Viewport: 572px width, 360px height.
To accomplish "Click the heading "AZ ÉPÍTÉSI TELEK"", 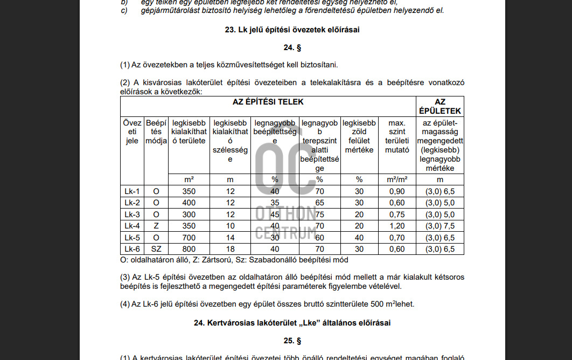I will coord(268,101).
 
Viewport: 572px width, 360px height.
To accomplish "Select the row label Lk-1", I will coord(132,191).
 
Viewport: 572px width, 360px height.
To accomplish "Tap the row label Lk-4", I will coord(132,226).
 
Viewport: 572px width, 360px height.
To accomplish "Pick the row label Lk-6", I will coord(132,249).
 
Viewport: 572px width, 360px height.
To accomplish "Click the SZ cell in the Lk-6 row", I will coord(156,249).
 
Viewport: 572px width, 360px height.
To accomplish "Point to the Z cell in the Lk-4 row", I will coord(156,226).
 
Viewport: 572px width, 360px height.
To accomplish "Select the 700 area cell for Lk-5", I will coord(189,238).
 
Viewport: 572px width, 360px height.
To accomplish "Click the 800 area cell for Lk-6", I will coord(189,249).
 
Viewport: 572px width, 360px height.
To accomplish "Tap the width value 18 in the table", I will coord(231,249).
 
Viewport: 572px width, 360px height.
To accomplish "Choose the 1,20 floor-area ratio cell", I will coord(397,226).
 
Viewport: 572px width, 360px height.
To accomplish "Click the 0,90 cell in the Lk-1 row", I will coord(397,191).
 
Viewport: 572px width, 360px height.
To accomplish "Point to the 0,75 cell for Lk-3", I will coord(397,214).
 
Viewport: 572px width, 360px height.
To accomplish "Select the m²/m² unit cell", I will coord(397,179).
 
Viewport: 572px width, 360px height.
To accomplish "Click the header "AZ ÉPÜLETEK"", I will coord(440,106).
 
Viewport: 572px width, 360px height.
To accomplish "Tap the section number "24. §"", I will coord(292,47).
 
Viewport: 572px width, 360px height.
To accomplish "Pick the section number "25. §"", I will coord(292,341).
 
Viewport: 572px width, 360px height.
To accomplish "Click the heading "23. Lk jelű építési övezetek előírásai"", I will coord(292,30).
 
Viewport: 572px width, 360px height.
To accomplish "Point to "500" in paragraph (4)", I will coord(377,304).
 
